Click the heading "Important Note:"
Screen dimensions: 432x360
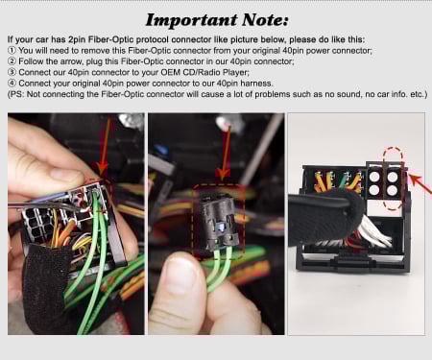click(x=217, y=20)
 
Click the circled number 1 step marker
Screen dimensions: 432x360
click(x=12, y=51)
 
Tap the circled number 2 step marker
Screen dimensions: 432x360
click(x=12, y=61)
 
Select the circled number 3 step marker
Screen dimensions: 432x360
click(x=12, y=72)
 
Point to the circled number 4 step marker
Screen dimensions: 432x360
click(x=12, y=84)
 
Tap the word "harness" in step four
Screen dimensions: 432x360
click(x=256, y=84)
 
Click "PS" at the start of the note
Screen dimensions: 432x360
click(x=16, y=94)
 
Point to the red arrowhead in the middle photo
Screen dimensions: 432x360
click(x=223, y=173)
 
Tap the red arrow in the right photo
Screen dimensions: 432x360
click(x=420, y=182)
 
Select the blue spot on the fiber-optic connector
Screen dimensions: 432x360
click(x=221, y=227)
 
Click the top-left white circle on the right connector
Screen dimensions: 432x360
click(x=374, y=178)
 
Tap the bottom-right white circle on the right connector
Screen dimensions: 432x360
click(x=392, y=190)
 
